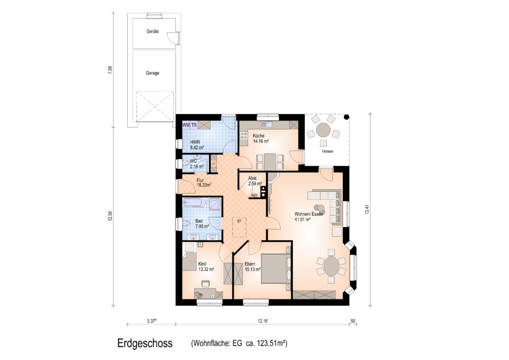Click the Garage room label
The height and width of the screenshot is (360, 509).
152,73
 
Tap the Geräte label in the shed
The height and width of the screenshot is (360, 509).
153,32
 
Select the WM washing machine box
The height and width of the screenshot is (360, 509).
186,125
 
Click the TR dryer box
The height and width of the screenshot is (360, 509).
194,125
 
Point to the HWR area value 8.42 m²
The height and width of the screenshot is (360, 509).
197,148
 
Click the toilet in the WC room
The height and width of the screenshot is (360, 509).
186,163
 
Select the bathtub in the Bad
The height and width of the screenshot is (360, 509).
194,203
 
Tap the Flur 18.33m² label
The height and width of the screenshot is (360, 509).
204,183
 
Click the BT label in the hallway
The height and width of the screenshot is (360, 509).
239,221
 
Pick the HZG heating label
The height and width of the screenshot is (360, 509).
254,195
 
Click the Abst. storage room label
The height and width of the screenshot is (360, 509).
253,178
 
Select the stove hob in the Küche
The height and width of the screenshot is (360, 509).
244,136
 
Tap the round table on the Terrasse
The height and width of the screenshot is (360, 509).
323,130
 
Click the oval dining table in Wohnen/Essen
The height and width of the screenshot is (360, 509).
331,266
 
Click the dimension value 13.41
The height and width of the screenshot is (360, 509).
367,209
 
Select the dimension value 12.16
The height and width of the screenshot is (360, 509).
262,321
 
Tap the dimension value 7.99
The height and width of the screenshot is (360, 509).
110,70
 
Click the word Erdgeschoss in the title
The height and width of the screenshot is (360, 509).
145,343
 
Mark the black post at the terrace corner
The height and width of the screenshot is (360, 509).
347,117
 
